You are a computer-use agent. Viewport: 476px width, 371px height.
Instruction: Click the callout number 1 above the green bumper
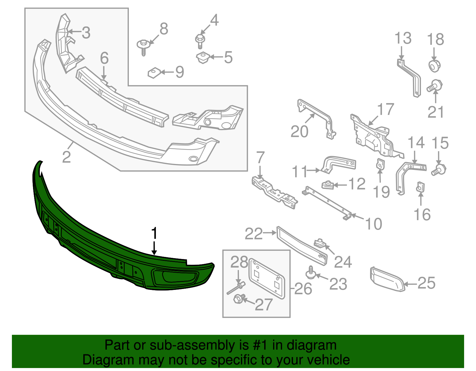tap(154, 233)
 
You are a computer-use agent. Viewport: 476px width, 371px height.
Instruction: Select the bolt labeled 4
tap(200, 41)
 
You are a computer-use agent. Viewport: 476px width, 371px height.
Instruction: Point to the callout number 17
tap(386, 110)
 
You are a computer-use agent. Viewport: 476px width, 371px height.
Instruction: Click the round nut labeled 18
tap(434, 66)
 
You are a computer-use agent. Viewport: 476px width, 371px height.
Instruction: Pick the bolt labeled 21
tap(435, 86)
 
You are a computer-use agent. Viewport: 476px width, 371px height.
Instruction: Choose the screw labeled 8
tap(143, 47)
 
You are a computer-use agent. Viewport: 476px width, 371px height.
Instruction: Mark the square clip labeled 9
tap(154, 72)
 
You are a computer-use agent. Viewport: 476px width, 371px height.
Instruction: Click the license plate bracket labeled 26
tap(267, 278)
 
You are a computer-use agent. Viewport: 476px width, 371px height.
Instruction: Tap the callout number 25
tap(426, 283)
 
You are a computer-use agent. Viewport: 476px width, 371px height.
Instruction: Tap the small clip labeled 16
tap(421, 187)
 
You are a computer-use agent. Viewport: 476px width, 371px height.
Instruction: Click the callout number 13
tap(403, 39)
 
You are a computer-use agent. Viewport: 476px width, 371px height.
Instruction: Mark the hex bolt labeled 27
tap(239, 299)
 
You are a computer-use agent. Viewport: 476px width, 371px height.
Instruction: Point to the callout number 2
tap(66, 157)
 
